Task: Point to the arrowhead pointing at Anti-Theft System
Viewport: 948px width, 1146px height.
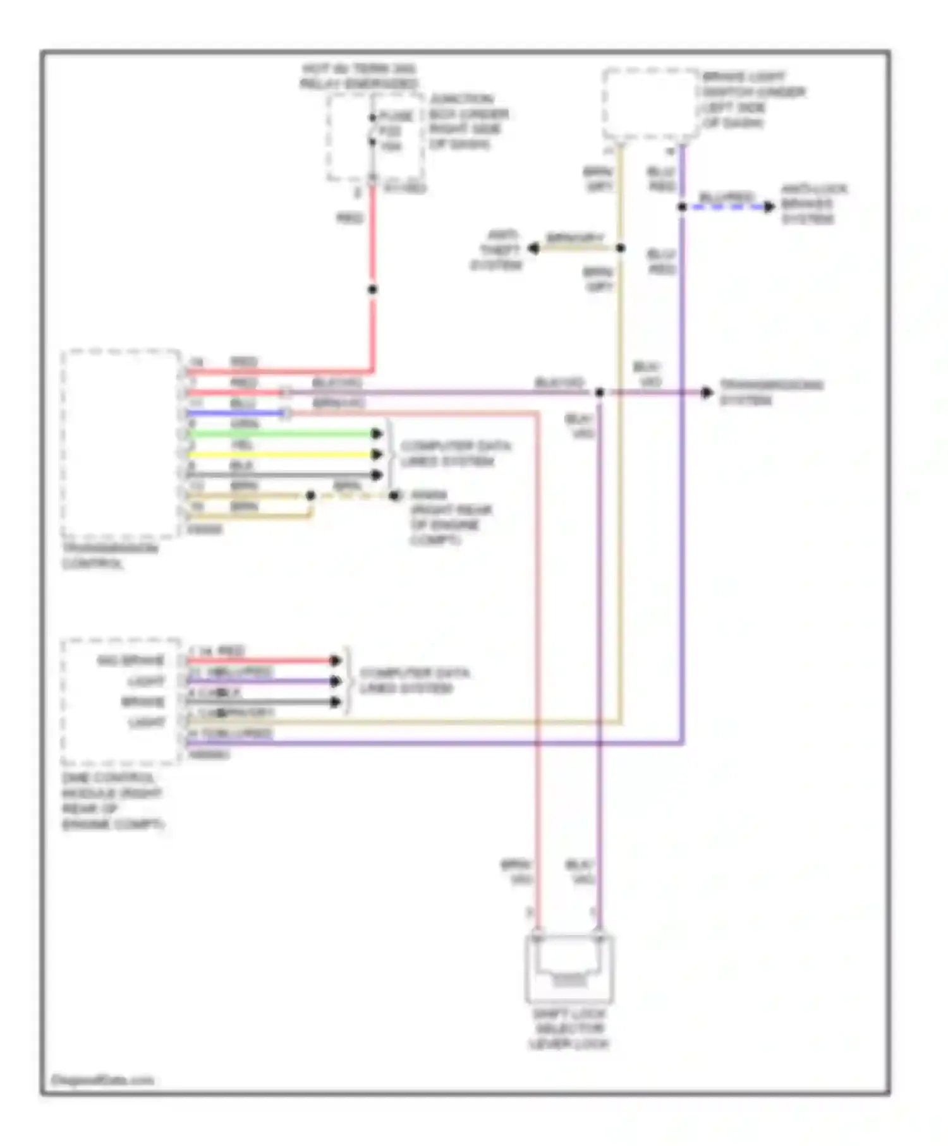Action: coord(534,248)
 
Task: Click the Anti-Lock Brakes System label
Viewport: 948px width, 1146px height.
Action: coord(813,203)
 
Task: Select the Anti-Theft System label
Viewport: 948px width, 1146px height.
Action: coord(497,250)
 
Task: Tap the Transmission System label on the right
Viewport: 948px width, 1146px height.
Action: coord(771,392)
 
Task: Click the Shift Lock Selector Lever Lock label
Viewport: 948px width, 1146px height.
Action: coord(569,1029)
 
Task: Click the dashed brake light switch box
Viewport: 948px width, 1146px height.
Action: coord(650,104)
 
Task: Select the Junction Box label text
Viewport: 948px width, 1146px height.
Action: coord(468,121)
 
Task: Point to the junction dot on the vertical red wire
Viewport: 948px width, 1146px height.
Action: coord(373,289)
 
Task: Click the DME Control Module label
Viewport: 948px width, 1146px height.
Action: coord(112,801)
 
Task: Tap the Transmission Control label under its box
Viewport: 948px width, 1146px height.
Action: coord(109,556)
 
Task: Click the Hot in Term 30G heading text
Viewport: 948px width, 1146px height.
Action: coord(358,76)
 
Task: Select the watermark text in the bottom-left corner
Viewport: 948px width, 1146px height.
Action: coord(102,1080)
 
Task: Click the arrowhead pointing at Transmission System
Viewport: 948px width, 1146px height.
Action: coord(707,393)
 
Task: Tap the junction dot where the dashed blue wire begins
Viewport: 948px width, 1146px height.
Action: coord(683,207)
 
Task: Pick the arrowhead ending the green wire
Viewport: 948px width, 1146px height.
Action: coord(377,434)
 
